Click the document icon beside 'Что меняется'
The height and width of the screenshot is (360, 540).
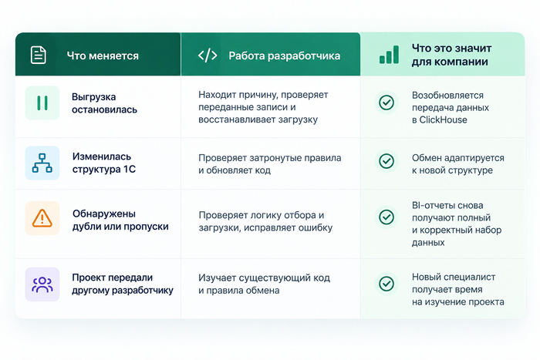[x=39, y=55]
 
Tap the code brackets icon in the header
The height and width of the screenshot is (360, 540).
[x=208, y=56]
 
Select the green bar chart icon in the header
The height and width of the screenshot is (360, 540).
[x=389, y=55]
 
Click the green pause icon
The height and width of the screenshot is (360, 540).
[x=42, y=103]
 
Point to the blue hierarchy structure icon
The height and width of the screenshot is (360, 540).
[x=42, y=163]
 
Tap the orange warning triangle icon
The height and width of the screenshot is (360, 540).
[x=42, y=218]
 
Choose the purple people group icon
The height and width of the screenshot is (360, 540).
[x=42, y=284]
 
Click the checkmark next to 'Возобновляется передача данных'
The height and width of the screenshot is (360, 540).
[x=386, y=103]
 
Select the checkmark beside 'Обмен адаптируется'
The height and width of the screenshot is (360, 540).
[x=386, y=161]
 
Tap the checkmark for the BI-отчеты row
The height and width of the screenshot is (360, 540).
[x=386, y=217]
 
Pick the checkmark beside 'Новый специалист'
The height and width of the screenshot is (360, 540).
[x=386, y=284]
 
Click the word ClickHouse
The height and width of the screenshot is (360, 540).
[x=444, y=119]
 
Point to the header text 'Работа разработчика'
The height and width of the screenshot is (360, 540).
[x=285, y=56]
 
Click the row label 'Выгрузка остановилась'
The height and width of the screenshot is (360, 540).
[x=104, y=103]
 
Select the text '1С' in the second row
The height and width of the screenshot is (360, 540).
[x=129, y=170]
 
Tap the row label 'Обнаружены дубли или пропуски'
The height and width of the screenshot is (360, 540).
[x=120, y=220]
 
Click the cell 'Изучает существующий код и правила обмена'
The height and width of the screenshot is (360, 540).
[x=264, y=284]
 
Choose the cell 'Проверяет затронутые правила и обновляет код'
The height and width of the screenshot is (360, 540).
[x=270, y=164]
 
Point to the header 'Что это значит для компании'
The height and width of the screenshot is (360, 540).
[x=451, y=55]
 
